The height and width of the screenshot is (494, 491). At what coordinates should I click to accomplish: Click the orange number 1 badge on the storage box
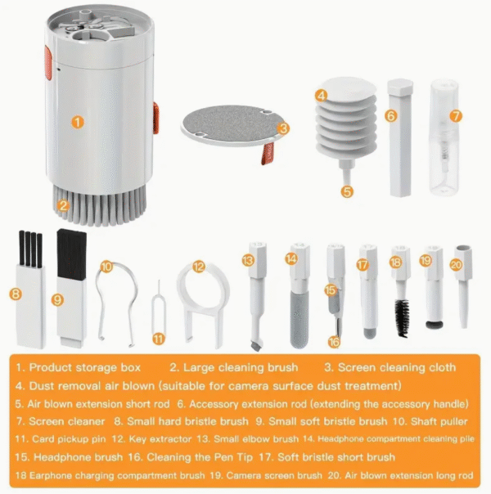77,122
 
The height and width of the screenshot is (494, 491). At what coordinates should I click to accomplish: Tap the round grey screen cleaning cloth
225,123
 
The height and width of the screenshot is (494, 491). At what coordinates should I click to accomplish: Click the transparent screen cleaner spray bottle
445,139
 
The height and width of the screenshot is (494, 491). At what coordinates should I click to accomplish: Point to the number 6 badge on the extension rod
391,116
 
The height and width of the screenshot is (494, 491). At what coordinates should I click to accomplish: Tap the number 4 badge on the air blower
322,95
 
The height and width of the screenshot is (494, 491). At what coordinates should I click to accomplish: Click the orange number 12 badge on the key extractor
198,267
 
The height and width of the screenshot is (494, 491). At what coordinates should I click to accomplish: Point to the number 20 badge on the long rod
456,263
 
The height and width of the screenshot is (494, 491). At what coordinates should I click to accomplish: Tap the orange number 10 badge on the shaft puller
106,267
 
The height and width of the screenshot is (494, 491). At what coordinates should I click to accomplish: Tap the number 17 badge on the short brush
363,264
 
